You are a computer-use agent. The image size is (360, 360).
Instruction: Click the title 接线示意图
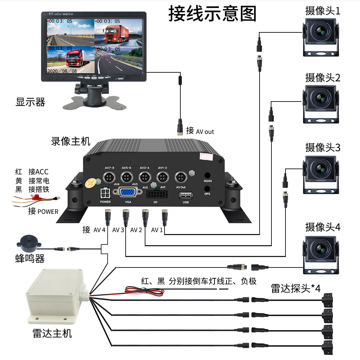coord(212,14)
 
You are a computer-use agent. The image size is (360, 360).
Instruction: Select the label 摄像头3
coord(322,148)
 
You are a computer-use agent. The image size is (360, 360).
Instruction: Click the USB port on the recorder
coord(185,195)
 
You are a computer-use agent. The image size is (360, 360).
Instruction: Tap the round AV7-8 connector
coord(109,177)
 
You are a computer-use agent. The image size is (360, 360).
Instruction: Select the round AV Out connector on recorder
coord(180,177)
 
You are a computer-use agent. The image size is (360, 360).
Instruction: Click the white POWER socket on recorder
coord(105,194)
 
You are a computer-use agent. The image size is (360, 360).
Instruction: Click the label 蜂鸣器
coord(30,258)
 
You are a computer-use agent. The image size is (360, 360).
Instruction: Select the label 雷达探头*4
coord(295,288)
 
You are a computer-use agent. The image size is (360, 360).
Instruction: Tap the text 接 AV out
coord(200,131)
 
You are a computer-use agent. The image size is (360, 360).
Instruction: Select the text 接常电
coord(39,180)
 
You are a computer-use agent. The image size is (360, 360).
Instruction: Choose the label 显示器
coord(30,102)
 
